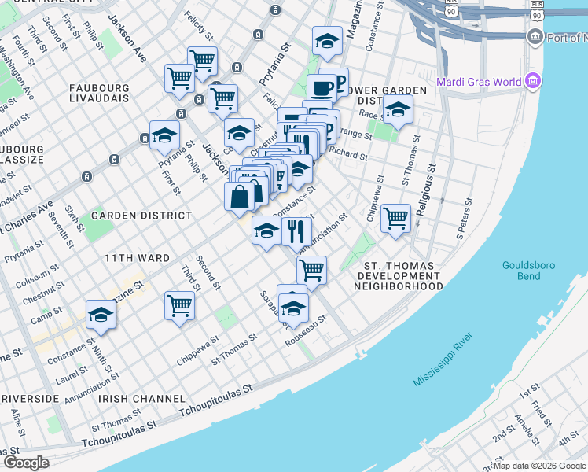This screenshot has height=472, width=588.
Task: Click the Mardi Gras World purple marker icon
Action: (534, 81)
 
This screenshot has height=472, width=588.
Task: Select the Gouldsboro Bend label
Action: (528, 271)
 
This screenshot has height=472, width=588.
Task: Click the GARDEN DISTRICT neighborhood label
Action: (141, 216)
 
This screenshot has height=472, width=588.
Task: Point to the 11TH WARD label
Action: (137, 258)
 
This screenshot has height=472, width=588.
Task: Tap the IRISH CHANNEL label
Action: (141, 399)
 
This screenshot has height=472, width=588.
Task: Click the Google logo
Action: (27, 462)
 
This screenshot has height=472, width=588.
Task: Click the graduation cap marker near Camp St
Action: (101, 315)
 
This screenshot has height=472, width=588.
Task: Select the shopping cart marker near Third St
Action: (179, 304)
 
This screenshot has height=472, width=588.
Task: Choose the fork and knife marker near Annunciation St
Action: (296, 231)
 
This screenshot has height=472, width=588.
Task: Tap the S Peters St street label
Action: (465, 223)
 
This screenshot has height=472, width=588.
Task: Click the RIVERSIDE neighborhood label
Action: (30, 399)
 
